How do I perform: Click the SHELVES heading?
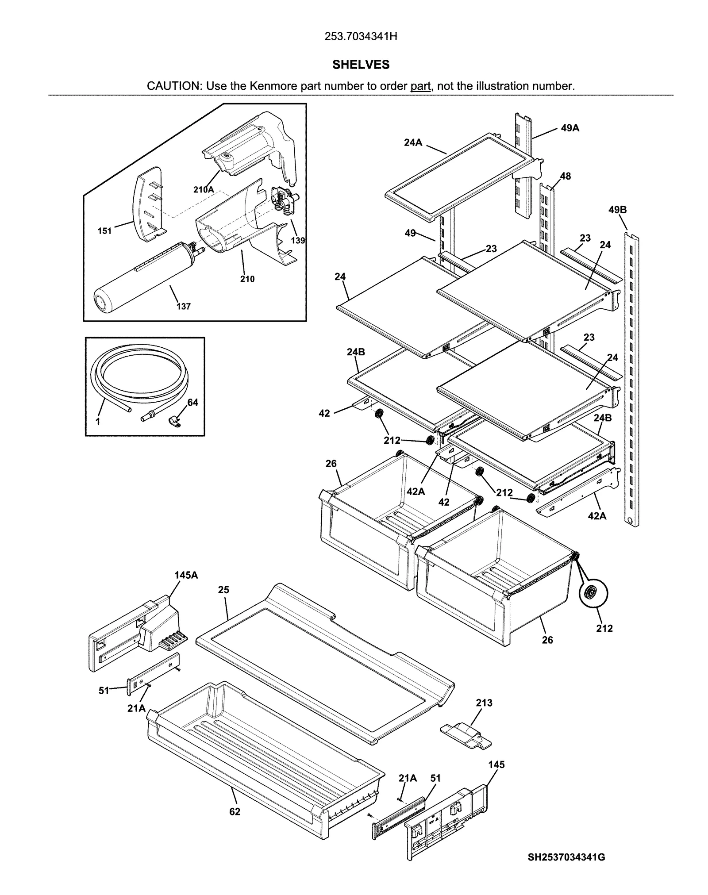pos(361,65)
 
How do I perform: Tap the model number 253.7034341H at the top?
pos(361,37)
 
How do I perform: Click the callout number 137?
pos(184,306)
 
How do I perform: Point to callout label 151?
pos(105,230)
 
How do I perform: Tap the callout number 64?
pos(192,402)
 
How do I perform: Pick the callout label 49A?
pos(570,128)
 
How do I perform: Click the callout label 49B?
pos(617,210)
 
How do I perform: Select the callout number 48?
pos(565,176)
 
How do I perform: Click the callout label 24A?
pos(413,143)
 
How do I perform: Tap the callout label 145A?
pos(186,575)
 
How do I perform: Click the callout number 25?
pos(223,590)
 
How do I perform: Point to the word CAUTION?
pos(174,86)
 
